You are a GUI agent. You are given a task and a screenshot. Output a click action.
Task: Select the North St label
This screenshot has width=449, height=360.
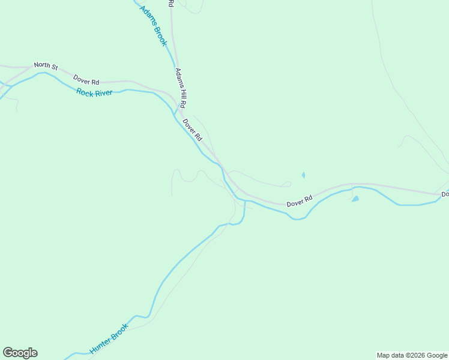pyautogui.click(x=45, y=65)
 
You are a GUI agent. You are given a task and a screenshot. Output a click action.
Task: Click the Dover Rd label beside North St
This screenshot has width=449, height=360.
pyautogui.click(x=86, y=80)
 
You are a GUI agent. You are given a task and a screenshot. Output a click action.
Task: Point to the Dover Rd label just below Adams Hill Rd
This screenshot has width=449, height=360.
pyautogui.click(x=193, y=129)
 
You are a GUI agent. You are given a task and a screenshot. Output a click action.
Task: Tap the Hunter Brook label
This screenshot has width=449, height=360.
pyautogui.click(x=109, y=338)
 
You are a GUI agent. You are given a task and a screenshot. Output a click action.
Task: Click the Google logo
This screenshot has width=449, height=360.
pyautogui.click(x=20, y=353)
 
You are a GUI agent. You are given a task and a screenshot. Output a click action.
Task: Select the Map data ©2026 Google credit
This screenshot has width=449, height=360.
pyautogui.click(x=412, y=355)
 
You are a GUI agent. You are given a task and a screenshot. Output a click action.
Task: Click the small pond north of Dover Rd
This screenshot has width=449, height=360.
pyautogui.click(x=303, y=175)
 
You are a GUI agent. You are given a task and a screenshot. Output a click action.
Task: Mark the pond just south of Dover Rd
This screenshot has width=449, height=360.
pyautogui.click(x=355, y=199)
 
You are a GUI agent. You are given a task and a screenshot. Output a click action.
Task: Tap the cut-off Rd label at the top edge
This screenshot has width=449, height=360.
pyautogui.click(x=171, y=3)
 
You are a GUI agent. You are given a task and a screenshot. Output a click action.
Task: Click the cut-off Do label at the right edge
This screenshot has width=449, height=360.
pyautogui.click(x=445, y=194)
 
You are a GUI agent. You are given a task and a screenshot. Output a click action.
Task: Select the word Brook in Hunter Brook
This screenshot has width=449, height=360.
pyautogui.click(x=119, y=331)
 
